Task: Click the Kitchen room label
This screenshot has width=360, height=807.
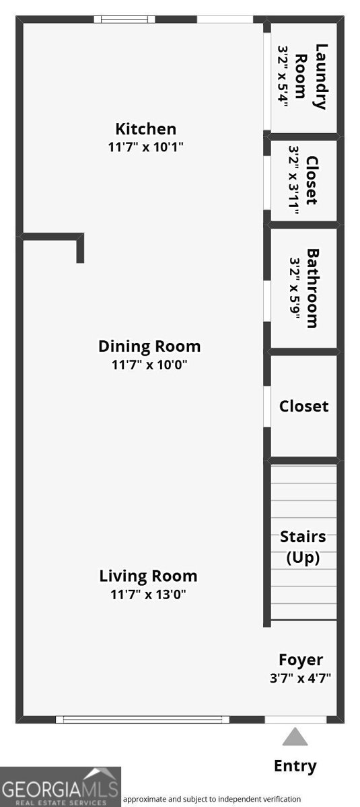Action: click(145, 129)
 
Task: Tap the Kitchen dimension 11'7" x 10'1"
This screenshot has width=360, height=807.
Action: click(145, 147)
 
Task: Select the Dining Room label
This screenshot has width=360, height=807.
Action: click(149, 346)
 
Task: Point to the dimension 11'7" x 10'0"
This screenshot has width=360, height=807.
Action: click(149, 364)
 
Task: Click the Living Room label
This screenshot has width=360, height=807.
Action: click(148, 576)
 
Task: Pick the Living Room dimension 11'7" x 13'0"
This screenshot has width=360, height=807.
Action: click(148, 594)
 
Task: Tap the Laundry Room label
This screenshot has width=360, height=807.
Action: click(312, 77)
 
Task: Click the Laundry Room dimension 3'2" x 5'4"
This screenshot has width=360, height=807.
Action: click(283, 76)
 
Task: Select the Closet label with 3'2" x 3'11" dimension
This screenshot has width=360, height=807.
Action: click(312, 180)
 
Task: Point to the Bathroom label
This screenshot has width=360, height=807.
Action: click(312, 289)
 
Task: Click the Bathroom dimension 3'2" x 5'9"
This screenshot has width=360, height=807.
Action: click(295, 289)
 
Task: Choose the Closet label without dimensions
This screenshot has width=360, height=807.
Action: click(303, 406)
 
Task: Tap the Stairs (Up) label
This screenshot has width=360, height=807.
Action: click(303, 547)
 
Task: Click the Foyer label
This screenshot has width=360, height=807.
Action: click(301, 660)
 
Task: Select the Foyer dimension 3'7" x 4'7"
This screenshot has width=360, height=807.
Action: click(301, 679)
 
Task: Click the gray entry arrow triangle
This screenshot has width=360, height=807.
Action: click(295, 736)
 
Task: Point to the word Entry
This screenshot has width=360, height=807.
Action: click(295, 766)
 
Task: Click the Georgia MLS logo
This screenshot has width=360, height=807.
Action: click(61, 787)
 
